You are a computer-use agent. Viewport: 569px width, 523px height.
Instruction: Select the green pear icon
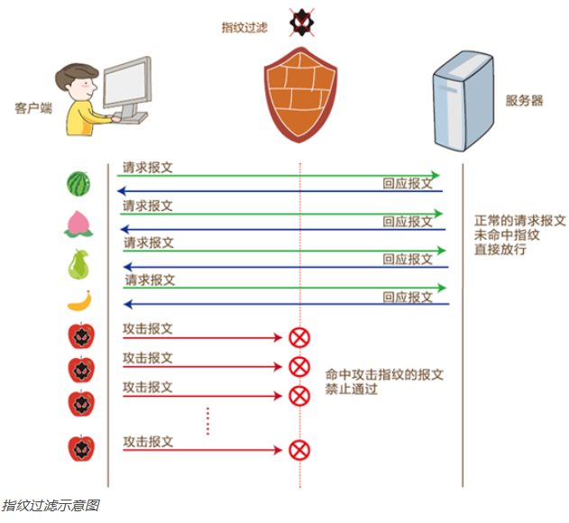coord(79,264)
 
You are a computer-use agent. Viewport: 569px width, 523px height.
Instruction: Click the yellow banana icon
coord(80,301)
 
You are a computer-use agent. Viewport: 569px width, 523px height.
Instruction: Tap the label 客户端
coord(33,107)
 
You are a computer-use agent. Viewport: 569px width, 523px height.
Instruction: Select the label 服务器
coord(524,100)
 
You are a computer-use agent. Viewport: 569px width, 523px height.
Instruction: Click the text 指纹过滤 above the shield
coord(244,28)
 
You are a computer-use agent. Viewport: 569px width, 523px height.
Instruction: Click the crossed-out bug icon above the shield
coord(299,20)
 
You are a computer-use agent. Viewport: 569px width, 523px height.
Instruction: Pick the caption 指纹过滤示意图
coord(50,505)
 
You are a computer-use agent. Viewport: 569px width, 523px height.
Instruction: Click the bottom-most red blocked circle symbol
coord(298,449)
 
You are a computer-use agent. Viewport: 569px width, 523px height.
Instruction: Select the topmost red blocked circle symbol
coord(298,338)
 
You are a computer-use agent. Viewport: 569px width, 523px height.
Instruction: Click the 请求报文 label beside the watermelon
coord(148,168)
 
